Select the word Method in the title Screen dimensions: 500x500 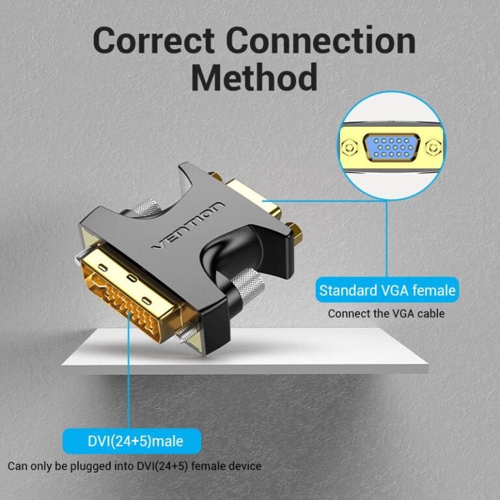click(254, 78)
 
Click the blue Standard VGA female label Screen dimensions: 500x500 click(387, 289)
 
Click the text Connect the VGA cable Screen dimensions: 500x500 click(386, 313)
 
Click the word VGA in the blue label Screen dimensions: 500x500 click(386, 289)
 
